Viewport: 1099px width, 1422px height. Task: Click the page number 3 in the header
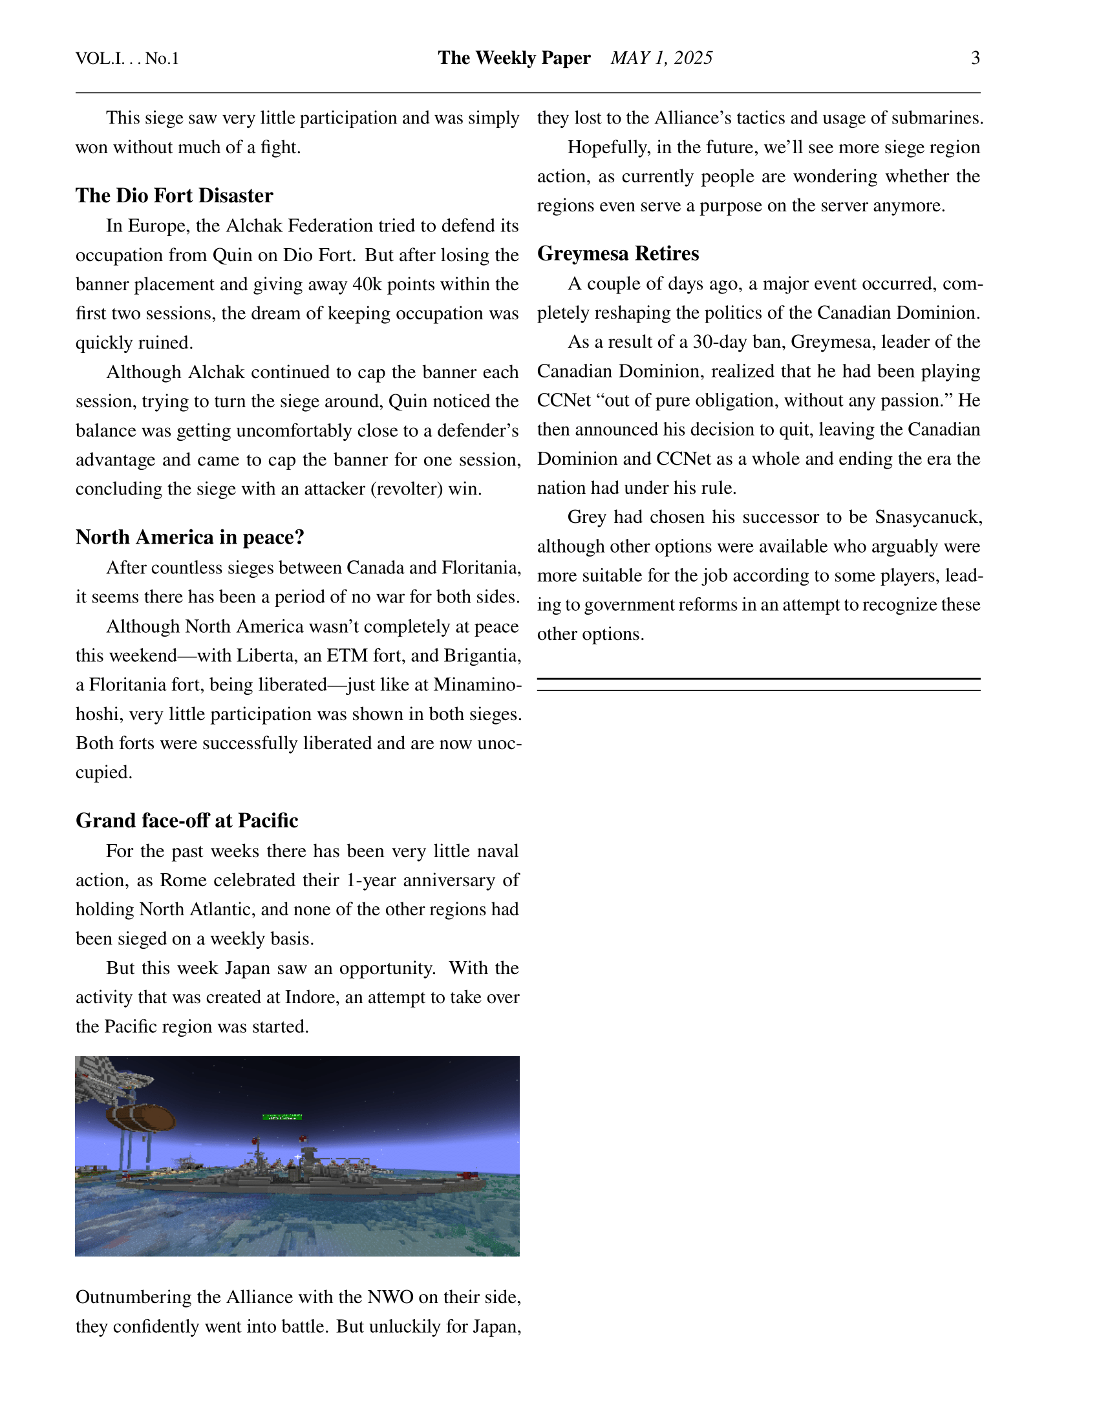click(x=975, y=58)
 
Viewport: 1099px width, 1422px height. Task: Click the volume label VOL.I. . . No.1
click(x=127, y=59)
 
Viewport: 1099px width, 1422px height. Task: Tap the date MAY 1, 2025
click(x=661, y=58)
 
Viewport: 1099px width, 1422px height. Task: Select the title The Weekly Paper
click(x=514, y=58)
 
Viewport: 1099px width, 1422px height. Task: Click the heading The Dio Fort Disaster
click(x=174, y=195)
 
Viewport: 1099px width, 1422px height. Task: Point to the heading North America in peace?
click(x=189, y=537)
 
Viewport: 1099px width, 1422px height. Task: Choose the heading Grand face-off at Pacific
click(x=187, y=820)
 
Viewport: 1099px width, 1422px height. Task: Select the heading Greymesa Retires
click(x=618, y=253)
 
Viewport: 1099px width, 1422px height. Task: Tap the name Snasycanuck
click(x=928, y=517)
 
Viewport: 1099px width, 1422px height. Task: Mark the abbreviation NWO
click(x=390, y=1297)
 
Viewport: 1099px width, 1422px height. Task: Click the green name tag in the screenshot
click(x=282, y=1118)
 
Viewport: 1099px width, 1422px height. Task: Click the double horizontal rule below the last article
click(x=758, y=684)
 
